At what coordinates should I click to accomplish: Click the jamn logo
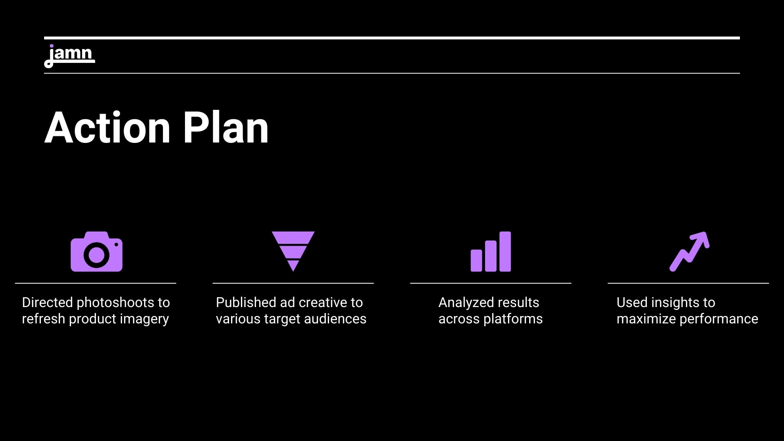point(69,56)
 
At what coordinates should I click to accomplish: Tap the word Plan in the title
point(226,128)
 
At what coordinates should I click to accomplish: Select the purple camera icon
point(96,252)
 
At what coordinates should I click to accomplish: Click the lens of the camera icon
point(96,255)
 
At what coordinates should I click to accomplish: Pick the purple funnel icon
point(293,252)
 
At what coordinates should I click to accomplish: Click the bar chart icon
point(491,252)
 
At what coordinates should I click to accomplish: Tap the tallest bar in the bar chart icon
point(505,252)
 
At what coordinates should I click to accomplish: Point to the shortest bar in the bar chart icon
point(477,261)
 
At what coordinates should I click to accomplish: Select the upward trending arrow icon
point(689,252)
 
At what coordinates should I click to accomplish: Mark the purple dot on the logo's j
point(51,46)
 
